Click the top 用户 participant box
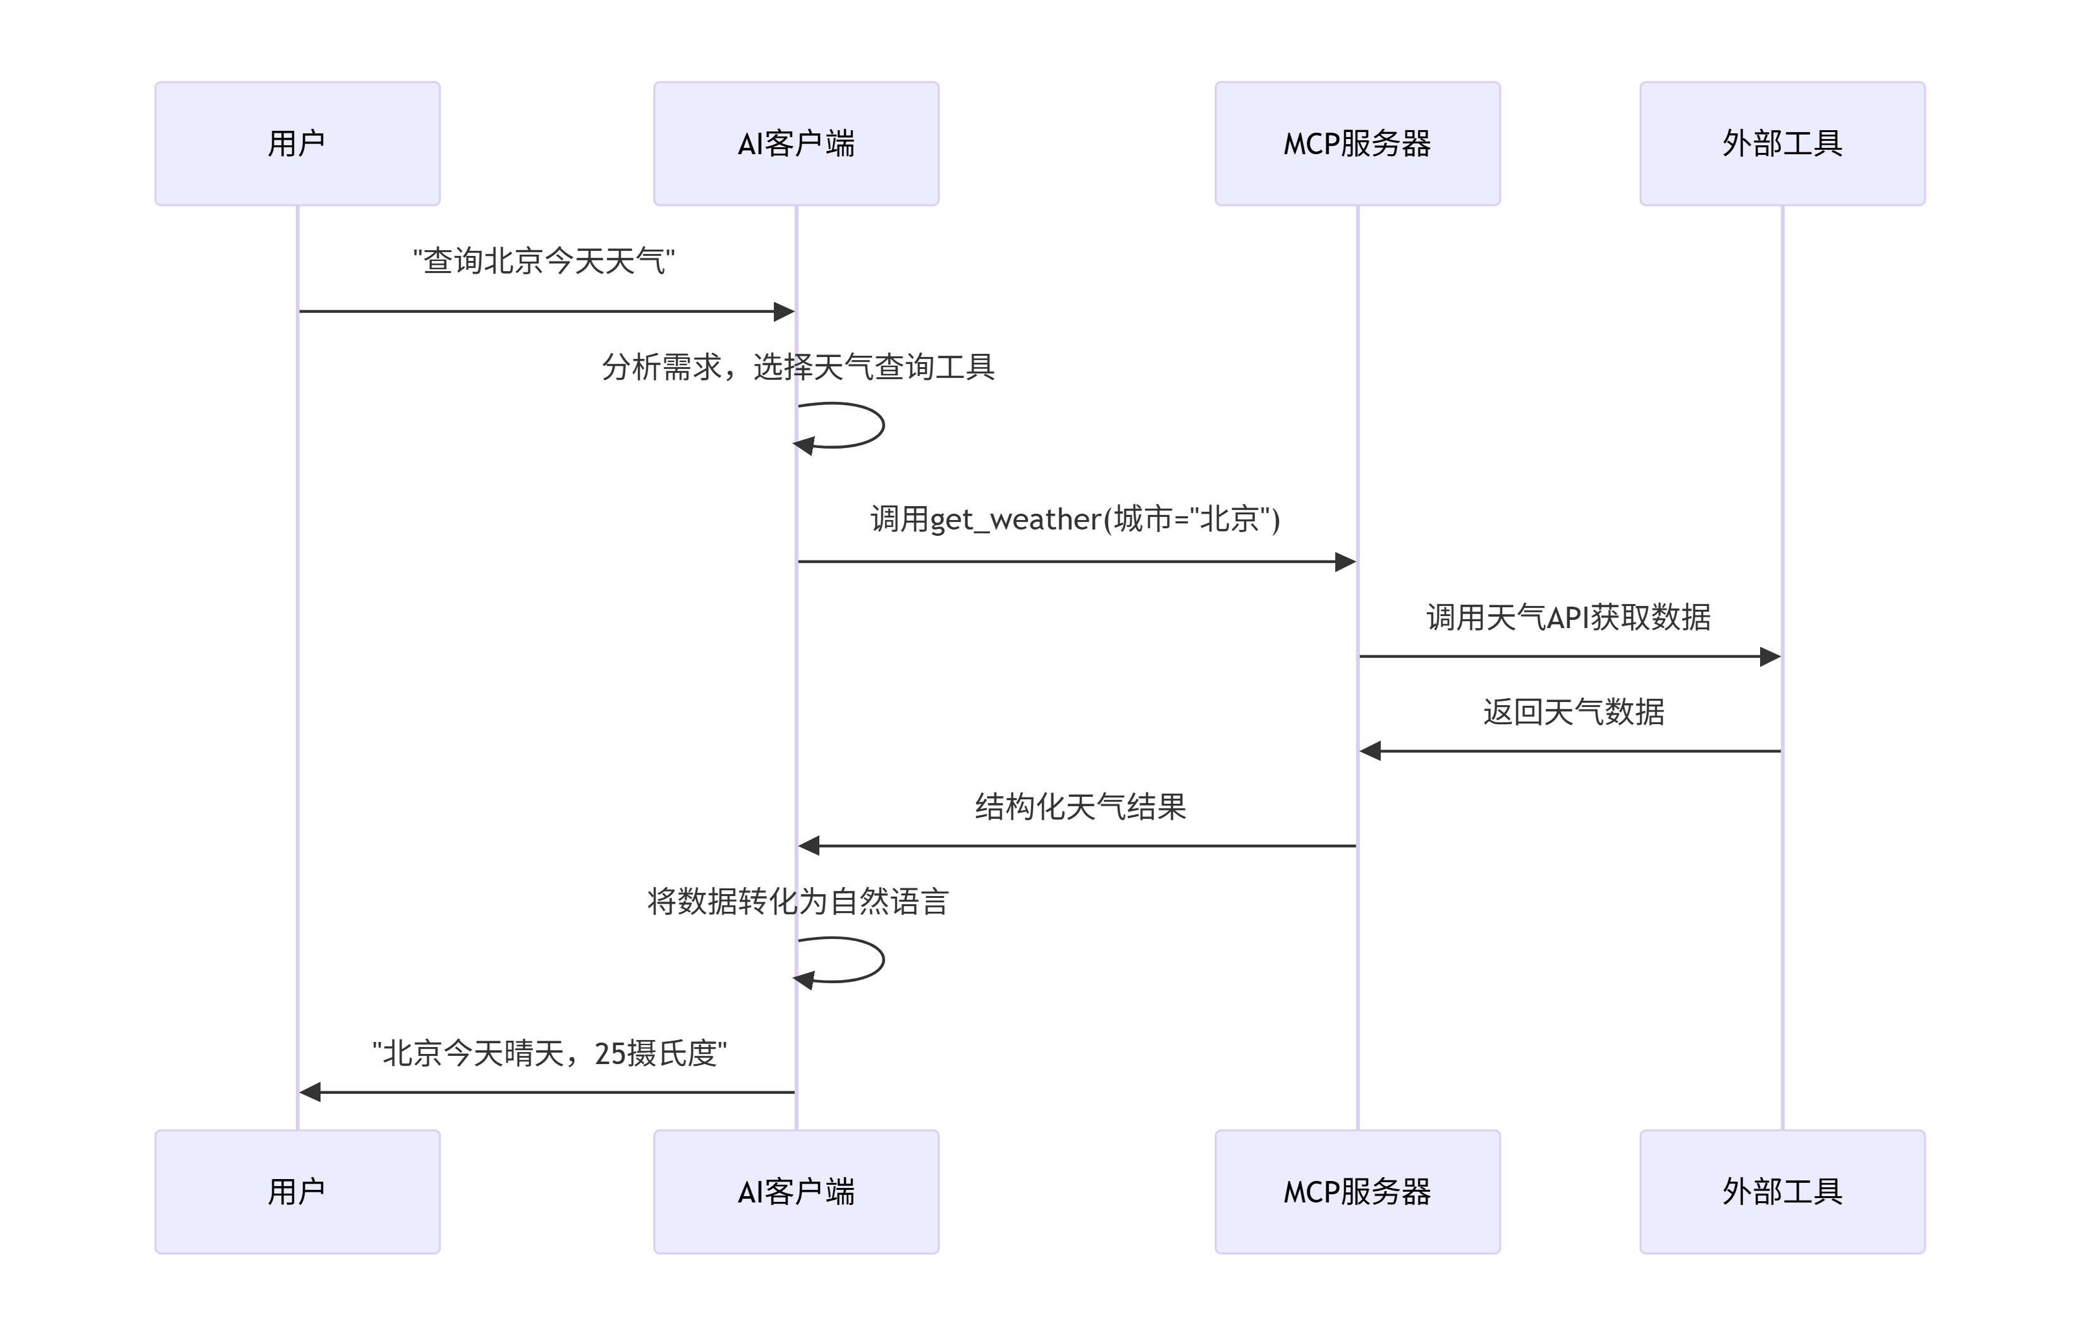coord(297,143)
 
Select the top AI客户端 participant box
coord(795,143)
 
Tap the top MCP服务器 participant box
coord(1357,143)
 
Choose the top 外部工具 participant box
coord(1782,143)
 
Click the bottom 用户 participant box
coord(297,1191)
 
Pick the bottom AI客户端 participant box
coord(795,1191)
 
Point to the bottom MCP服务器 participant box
coord(1357,1191)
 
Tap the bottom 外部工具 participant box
coord(1782,1191)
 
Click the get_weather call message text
coord(1075,519)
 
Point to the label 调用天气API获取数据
coord(1568,617)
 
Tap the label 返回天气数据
coord(1573,712)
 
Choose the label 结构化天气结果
coord(1080,807)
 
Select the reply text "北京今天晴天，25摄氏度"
coord(549,1053)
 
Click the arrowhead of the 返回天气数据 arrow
coord(1371,751)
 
